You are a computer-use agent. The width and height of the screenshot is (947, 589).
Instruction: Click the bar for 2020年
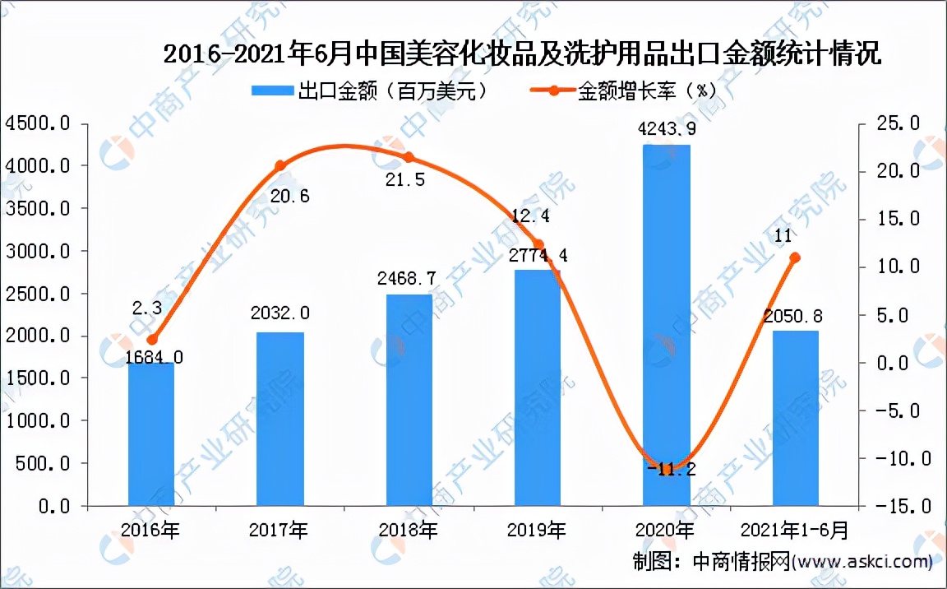tap(667, 325)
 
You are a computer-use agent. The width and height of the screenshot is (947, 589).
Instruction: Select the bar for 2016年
tap(151, 434)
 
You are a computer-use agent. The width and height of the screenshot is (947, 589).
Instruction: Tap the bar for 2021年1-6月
tap(795, 418)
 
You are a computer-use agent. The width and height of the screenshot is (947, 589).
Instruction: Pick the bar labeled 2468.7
tap(409, 400)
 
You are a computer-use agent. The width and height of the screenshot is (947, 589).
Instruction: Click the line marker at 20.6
tap(279, 165)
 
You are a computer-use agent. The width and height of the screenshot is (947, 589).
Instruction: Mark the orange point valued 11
tap(795, 257)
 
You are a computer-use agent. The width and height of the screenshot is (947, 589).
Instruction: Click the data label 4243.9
tap(667, 129)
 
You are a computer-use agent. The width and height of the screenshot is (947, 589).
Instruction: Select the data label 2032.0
tap(280, 313)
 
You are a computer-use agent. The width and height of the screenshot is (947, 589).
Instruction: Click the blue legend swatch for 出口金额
tap(270, 90)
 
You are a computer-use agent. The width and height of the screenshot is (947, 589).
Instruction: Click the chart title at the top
tap(522, 55)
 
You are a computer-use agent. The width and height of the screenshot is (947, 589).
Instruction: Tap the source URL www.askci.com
tap(863, 563)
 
